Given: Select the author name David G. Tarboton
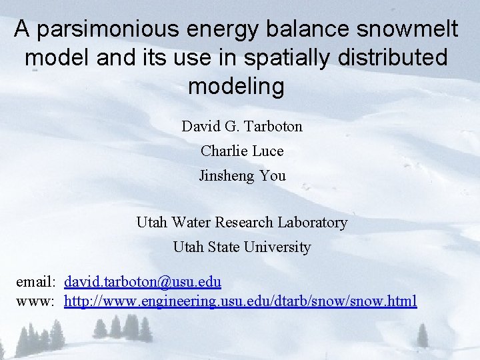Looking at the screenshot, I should coord(242,126).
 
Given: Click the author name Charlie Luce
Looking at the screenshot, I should coord(242,151).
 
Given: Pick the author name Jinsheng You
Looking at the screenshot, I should coord(242,176).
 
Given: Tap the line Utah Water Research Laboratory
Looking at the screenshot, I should coord(242,222).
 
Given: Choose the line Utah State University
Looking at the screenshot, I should coord(242,247).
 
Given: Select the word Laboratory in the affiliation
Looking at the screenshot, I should coord(314,222).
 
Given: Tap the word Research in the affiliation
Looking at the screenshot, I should coord(250,222).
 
